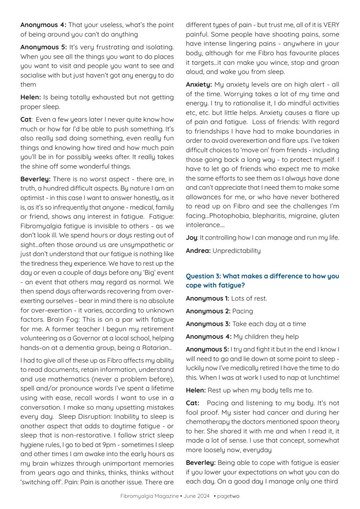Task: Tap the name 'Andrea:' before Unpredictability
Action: pyautogui.click(x=198, y=251)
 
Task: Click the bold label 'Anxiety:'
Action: pyautogui.click(x=198, y=85)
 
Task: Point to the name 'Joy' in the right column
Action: pyautogui.click(x=191, y=238)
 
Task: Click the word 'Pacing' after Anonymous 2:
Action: pyautogui.click(x=242, y=311)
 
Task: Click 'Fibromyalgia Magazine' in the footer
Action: pyautogui.click(x=150, y=496)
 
